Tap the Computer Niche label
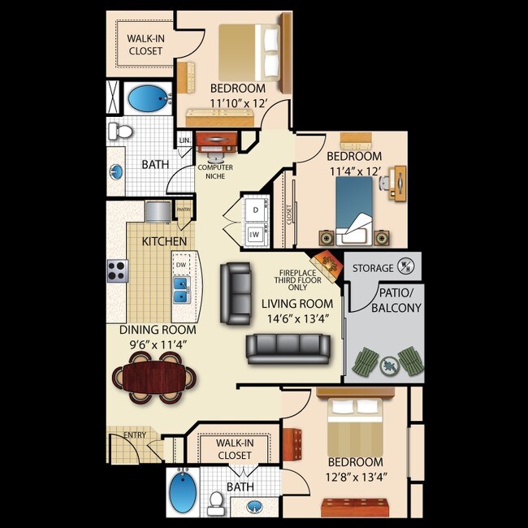[215, 171]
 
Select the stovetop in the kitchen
[118, 270]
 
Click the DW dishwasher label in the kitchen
[180, 265]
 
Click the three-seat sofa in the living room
[288, 347]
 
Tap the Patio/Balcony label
[396, 300]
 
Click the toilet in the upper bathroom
[123, 130]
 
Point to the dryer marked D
[255, 209]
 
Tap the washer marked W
[255, 235]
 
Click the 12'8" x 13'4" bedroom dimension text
[355, 477]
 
